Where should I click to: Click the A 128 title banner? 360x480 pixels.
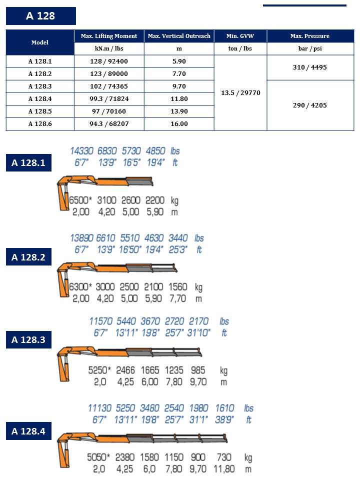pos(40,16)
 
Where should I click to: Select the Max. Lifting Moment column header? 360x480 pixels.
pos(109,36)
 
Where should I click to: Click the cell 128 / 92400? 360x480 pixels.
pos(109,61)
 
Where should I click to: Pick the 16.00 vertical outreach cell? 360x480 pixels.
pos(179,124)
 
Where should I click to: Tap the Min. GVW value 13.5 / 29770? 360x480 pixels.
pos(240,93)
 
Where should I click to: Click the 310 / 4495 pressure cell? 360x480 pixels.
pos(309,67)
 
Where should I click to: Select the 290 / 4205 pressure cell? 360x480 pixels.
pos(309,105)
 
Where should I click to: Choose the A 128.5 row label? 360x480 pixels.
pos(40,111)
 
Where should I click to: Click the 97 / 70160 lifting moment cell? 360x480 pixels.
pos(109,111)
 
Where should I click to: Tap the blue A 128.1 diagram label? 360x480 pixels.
pos(28,162)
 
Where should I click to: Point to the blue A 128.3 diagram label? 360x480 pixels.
pos(28,340)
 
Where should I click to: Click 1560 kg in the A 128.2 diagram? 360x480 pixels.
pos(177,287)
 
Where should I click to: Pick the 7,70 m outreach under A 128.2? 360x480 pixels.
pos(177,299)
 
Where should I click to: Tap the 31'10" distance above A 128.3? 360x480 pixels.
pos(200,332)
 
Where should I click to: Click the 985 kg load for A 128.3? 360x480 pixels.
pos(198,371)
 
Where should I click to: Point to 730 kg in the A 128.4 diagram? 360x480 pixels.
pos(224,457)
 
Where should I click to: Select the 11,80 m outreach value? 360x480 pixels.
pos(224,469)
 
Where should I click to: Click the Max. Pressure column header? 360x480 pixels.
pos(309,36)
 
